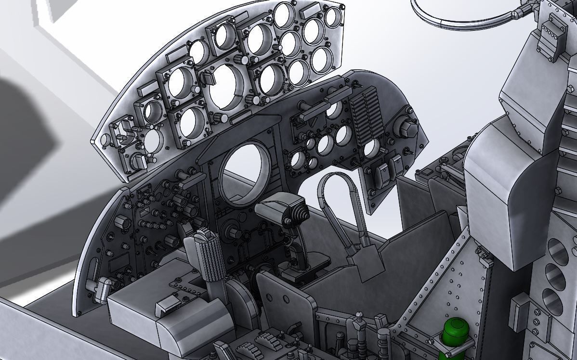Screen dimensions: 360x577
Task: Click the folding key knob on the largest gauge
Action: tap(208, 77)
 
